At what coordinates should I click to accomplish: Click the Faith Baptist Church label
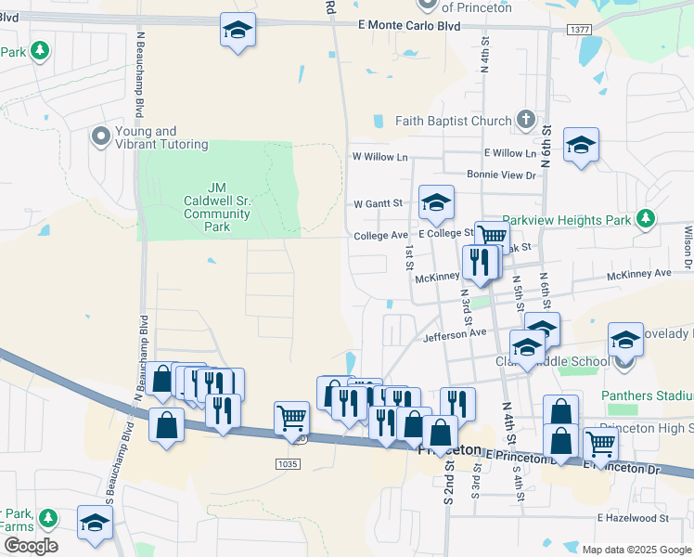click(453, 121)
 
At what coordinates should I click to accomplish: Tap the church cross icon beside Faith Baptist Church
click(526, 120)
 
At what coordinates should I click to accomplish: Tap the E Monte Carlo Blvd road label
click(409, 27)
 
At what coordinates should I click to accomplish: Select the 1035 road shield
click(287, 463)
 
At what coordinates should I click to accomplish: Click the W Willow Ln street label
click(379, 157)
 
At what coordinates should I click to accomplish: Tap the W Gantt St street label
click(379, 203)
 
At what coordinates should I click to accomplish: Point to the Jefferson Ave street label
click(455, 332)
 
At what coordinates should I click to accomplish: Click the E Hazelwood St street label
click(634, 517)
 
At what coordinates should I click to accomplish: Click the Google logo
click(30, 546)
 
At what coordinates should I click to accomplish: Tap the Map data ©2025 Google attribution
click(635, 550)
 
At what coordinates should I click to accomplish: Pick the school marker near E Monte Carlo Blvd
click(238, 31)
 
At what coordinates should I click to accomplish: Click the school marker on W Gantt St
click(436, 203)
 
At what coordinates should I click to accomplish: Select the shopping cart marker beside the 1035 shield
click(292, 418)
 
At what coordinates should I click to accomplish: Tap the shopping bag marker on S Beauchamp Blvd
click(166, 425)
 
